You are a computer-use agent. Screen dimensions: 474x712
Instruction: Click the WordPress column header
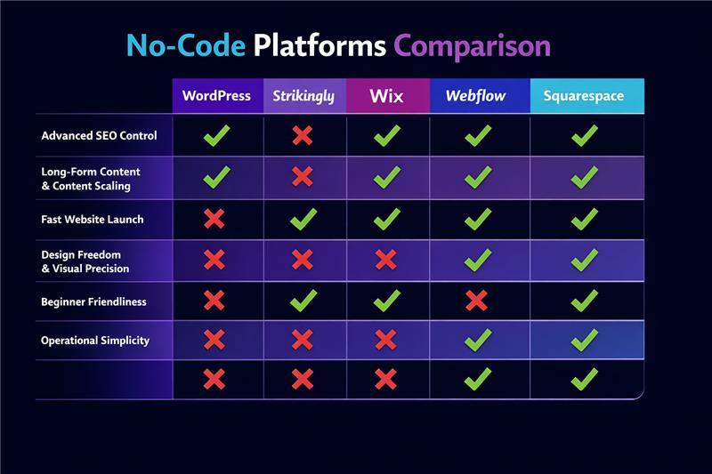(x=217, y=96)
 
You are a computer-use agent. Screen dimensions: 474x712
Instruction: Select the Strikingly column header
(x=303, y=96)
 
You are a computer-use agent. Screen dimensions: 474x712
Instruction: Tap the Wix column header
(x=385, y=96)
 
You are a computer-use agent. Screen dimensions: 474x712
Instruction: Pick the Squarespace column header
(x=584, y=96)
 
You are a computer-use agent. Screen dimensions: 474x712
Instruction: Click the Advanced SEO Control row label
(x=99, y=136)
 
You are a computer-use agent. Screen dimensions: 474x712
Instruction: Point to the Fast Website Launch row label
(x=92, y=219)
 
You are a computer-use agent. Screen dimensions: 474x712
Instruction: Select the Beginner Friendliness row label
(x=93, y=301)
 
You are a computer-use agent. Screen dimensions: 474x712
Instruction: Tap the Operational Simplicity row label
(x=95, y=341)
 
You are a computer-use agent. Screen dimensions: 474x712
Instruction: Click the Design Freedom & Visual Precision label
(x=85, y=261)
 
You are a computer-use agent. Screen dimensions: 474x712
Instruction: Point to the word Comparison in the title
(x=472, y=45)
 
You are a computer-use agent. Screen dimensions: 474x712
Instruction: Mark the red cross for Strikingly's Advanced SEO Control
(x=303, y=136)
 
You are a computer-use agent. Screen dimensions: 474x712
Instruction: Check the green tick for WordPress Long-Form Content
(x=216, y=177)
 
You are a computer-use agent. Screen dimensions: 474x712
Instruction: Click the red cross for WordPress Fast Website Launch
(x=214, y=219)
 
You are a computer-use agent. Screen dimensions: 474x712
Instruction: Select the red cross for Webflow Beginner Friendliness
(x=477, y=301)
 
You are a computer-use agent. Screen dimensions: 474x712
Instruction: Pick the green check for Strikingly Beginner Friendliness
(x=303, y=301)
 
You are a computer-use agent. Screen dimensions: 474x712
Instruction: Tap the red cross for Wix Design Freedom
(x=385, y=260)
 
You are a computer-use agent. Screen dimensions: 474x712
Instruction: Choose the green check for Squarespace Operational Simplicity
(x=584, y=340)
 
